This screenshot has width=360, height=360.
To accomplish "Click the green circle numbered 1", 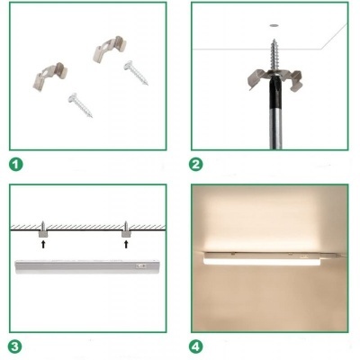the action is tap(16, 165).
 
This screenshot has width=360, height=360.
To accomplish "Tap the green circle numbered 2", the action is tap(196, 165).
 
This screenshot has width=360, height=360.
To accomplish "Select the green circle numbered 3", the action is tap(15, 347).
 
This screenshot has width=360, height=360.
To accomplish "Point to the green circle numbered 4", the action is tap(196, 347).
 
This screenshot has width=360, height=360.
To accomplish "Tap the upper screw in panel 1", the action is tap(136, 73).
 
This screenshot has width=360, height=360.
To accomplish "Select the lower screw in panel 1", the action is tap(80, 105).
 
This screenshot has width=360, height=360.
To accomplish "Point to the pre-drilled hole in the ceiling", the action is tap(273, 26).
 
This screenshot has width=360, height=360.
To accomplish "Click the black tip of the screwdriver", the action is tap(275, 92).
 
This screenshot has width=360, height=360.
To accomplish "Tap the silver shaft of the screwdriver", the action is tap(275, 129).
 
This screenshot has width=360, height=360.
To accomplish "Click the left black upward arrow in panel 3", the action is tap(43, 244).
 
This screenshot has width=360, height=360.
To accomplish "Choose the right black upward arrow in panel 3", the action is tap(126, 244).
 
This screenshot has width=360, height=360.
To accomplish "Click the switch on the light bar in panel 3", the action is tap(141, 265).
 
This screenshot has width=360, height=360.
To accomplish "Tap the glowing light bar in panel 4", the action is tap(263, 259).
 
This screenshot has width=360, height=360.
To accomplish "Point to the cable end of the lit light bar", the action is tap(334, 256).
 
